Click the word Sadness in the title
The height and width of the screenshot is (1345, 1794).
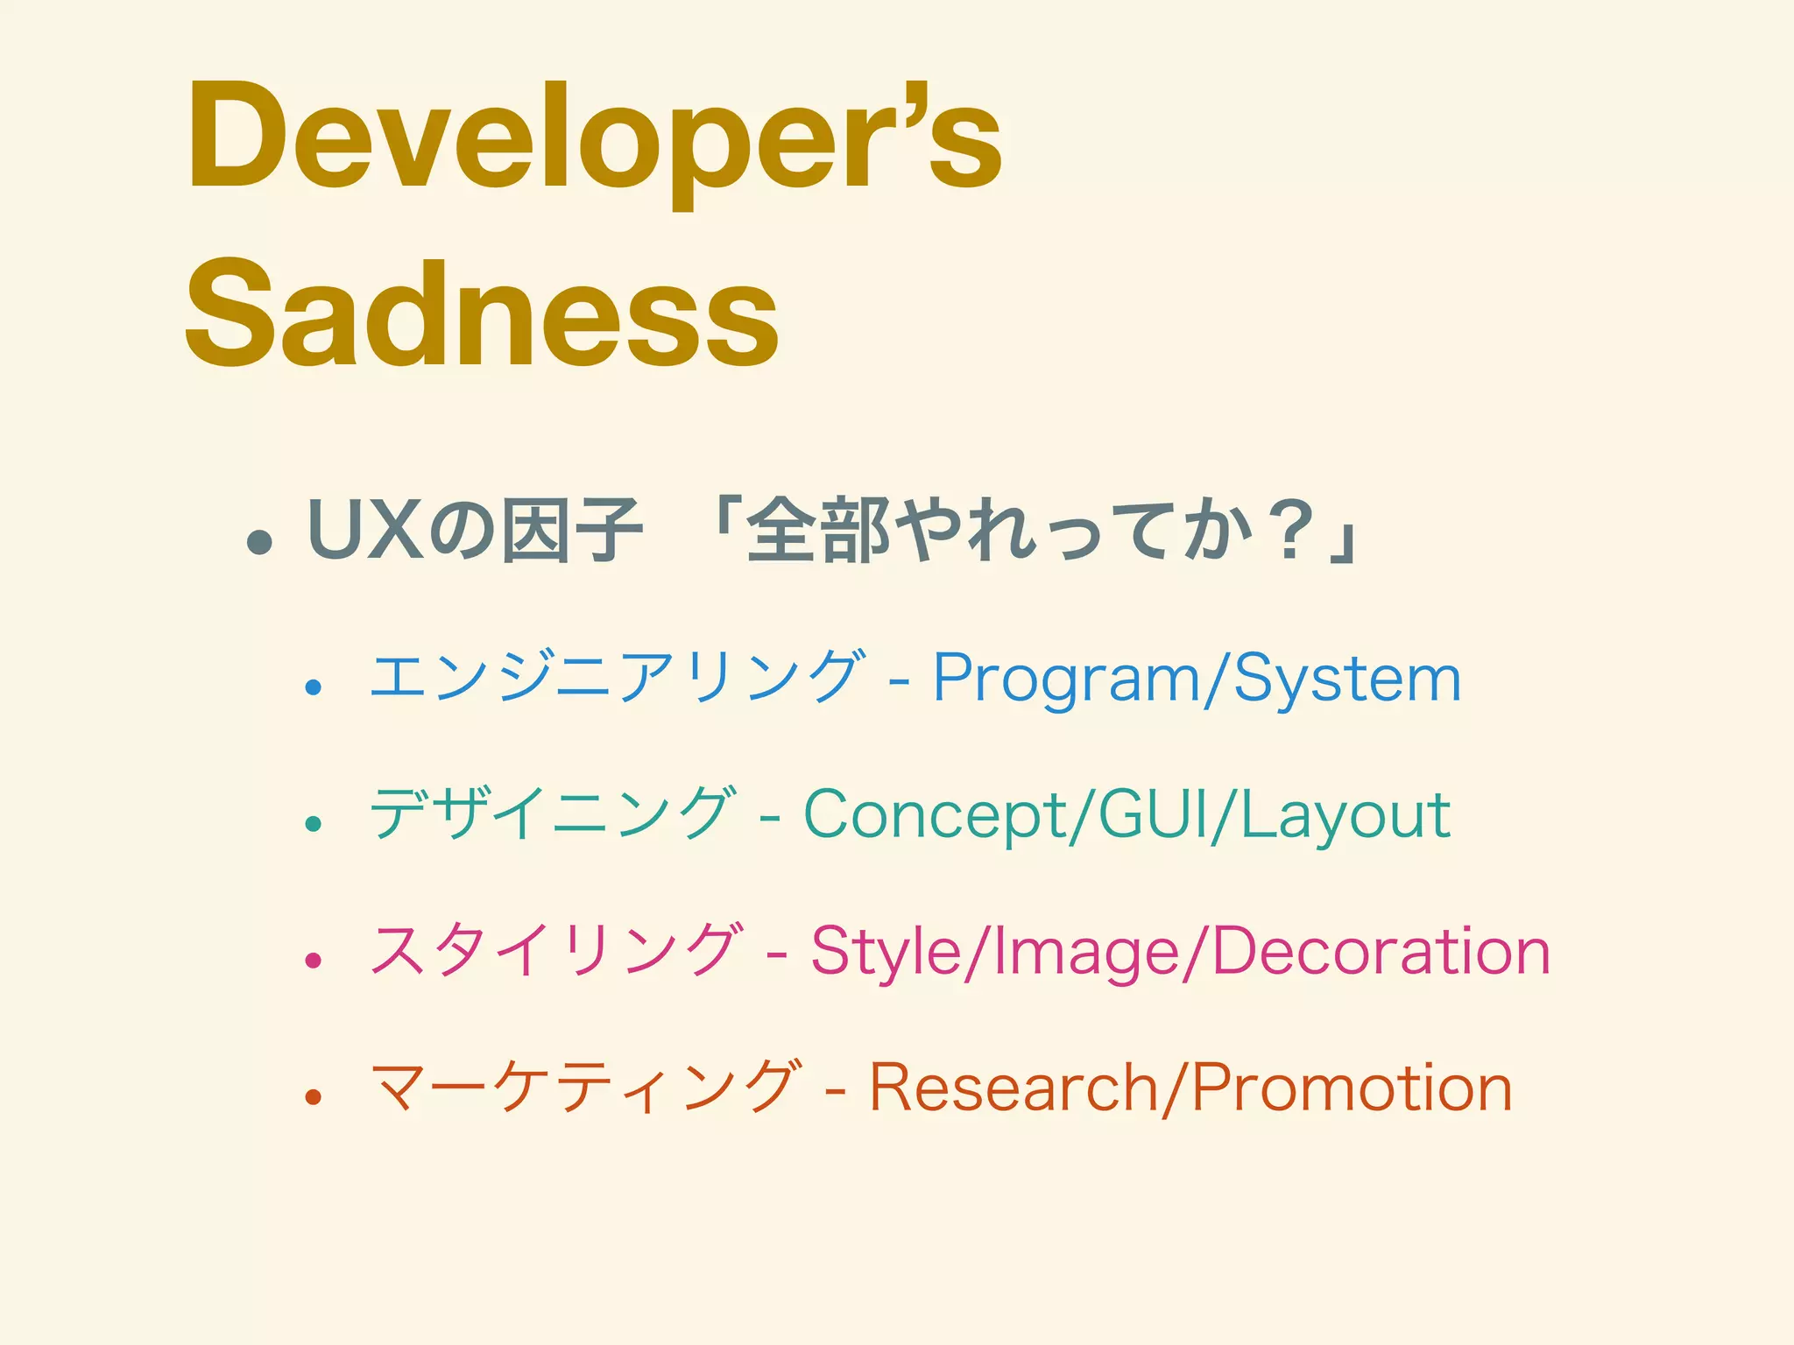[481, 313]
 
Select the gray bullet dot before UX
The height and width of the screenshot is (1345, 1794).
[259, 543]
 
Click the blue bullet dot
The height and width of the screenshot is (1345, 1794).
[313, 687]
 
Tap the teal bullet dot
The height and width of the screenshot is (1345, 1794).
[313, 823]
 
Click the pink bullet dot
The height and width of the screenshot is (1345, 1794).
[313, 961]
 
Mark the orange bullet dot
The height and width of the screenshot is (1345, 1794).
[313, 1096]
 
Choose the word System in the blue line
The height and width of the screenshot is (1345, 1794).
[1347, 679]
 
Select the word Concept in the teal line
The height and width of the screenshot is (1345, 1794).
[935, 814]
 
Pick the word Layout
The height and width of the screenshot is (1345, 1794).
[1345, 814]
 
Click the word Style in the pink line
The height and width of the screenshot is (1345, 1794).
[886, 952]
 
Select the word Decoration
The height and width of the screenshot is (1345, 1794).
[1381, 952]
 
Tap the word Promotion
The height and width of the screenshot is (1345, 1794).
[1353, 1088]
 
